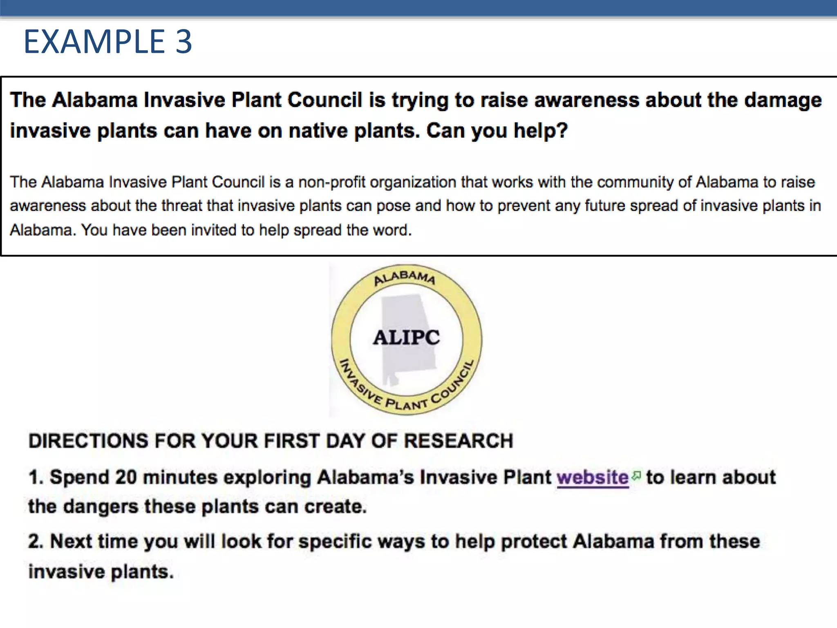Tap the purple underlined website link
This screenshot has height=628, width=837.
(x=592, y=478)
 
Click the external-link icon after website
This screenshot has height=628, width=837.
(x=636, y=475)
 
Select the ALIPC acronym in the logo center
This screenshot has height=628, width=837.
(x=406, y=338)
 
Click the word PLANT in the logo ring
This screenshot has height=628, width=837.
(x=406, y=404)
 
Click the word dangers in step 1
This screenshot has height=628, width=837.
(x=101, y=507)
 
